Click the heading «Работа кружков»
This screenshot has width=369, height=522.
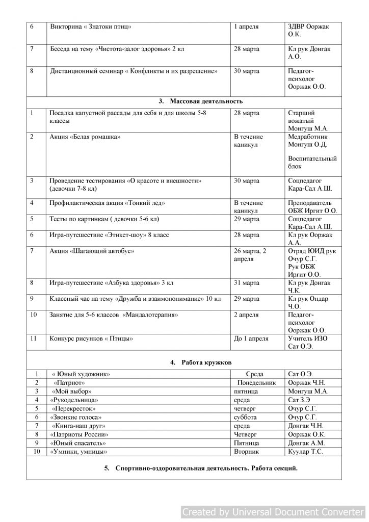tap(206, 362)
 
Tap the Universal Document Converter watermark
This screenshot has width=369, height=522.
tap(273, 512)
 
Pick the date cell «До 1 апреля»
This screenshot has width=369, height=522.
tap(251, 338)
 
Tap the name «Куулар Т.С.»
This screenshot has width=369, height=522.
tap(305, 451)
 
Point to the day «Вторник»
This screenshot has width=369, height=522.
tap(247, 451)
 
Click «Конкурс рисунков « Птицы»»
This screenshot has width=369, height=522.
tap(91, 338)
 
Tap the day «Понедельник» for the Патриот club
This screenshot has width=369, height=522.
tap(256, 382)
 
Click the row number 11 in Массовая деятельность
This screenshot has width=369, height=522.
tap(34, 338)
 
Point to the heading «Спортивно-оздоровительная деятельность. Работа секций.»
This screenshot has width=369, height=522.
tap(206, 468)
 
